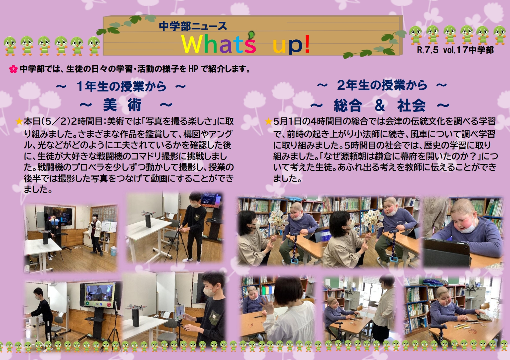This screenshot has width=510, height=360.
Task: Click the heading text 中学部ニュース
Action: point(193,26)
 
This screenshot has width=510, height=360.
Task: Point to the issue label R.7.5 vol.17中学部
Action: point(455,50)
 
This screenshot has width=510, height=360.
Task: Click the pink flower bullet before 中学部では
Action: point(13,69)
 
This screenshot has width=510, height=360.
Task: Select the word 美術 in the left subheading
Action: point(122,105)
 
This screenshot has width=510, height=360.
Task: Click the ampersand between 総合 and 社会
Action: point(380,105)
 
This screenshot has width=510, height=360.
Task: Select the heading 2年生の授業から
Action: point(382,85)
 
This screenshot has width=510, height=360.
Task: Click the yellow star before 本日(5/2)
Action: point(19,121)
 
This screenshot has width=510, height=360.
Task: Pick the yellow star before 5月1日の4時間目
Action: point(269,121)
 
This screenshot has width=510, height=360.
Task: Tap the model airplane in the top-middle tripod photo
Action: point(149,213)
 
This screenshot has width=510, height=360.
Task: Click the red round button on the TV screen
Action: point(109,304)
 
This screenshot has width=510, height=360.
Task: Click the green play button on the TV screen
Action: point(87,303)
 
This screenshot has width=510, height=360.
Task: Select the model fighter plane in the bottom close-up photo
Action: point(136,308)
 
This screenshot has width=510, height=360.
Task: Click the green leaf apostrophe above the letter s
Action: point(251,35)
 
